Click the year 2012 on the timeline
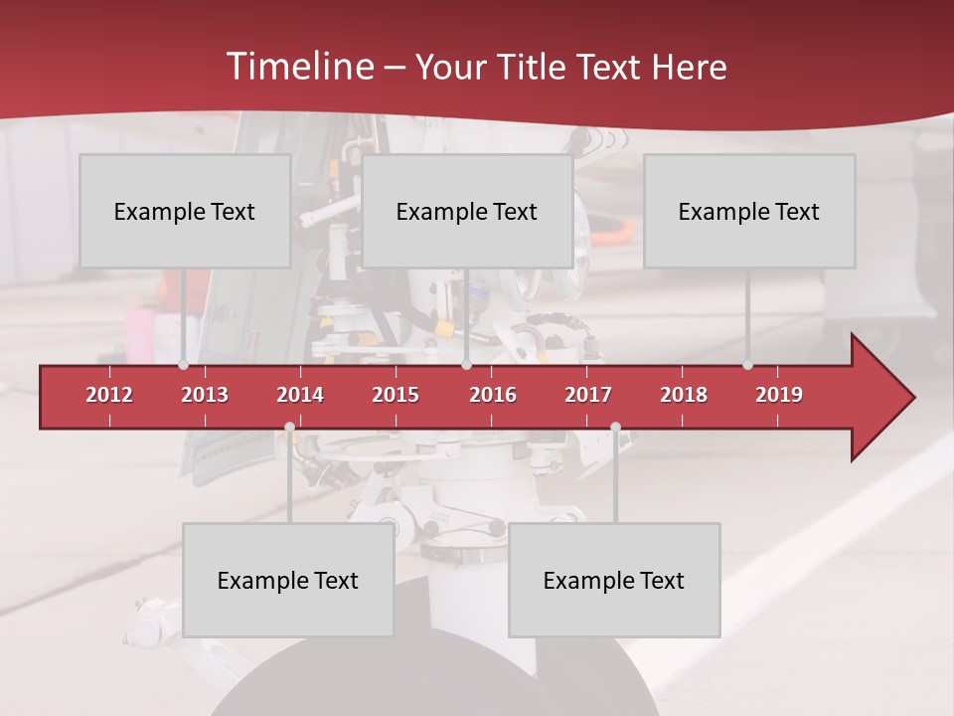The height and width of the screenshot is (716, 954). click(x=109, y=395)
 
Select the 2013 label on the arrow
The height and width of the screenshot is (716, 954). click(x=205, y=395)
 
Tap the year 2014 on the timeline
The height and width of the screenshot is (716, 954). click(x=300, y=395)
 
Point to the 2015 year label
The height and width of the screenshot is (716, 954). click(x=396, y=395)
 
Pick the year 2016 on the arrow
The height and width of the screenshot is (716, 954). click(x=493, y=395)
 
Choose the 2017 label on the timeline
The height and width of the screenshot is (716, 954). click(x=588, y=395)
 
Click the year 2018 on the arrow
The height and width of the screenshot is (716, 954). click(x=684, y=395)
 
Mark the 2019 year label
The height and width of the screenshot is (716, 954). click(x=779, y=395)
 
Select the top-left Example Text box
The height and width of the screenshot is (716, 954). click(x=185, y=211)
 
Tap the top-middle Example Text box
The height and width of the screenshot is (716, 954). click(x=467, y=211)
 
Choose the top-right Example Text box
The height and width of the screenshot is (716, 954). click(x=749, y=211)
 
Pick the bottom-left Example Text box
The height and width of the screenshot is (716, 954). click(x=288, y=580)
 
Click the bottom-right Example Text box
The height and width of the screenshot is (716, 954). click(x=614, y=580)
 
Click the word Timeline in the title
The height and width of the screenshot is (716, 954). click(x=298, y=67)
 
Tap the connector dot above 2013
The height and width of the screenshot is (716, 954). click(x=183, y=365)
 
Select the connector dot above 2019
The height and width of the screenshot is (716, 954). click(x=747, y=365)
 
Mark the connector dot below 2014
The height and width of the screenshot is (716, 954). click(x=289, y=428)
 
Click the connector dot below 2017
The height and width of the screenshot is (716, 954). click(x=615, y=428)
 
